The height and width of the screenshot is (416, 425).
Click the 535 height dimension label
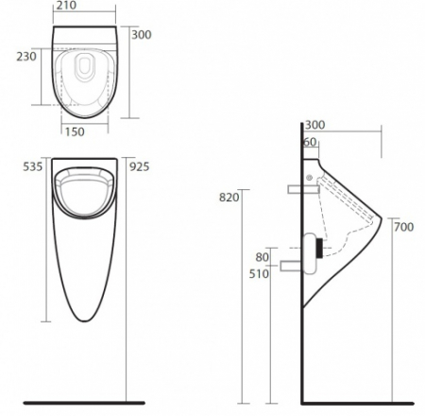33,167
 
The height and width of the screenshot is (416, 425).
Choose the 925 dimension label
139,167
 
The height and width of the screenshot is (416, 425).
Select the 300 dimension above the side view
316,125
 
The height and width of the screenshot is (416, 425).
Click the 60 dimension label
311,142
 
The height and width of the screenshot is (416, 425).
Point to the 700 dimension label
403,227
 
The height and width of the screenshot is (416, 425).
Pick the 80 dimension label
263,257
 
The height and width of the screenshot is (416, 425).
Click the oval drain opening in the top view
86,68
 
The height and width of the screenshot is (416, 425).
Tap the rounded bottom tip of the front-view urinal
87,322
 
